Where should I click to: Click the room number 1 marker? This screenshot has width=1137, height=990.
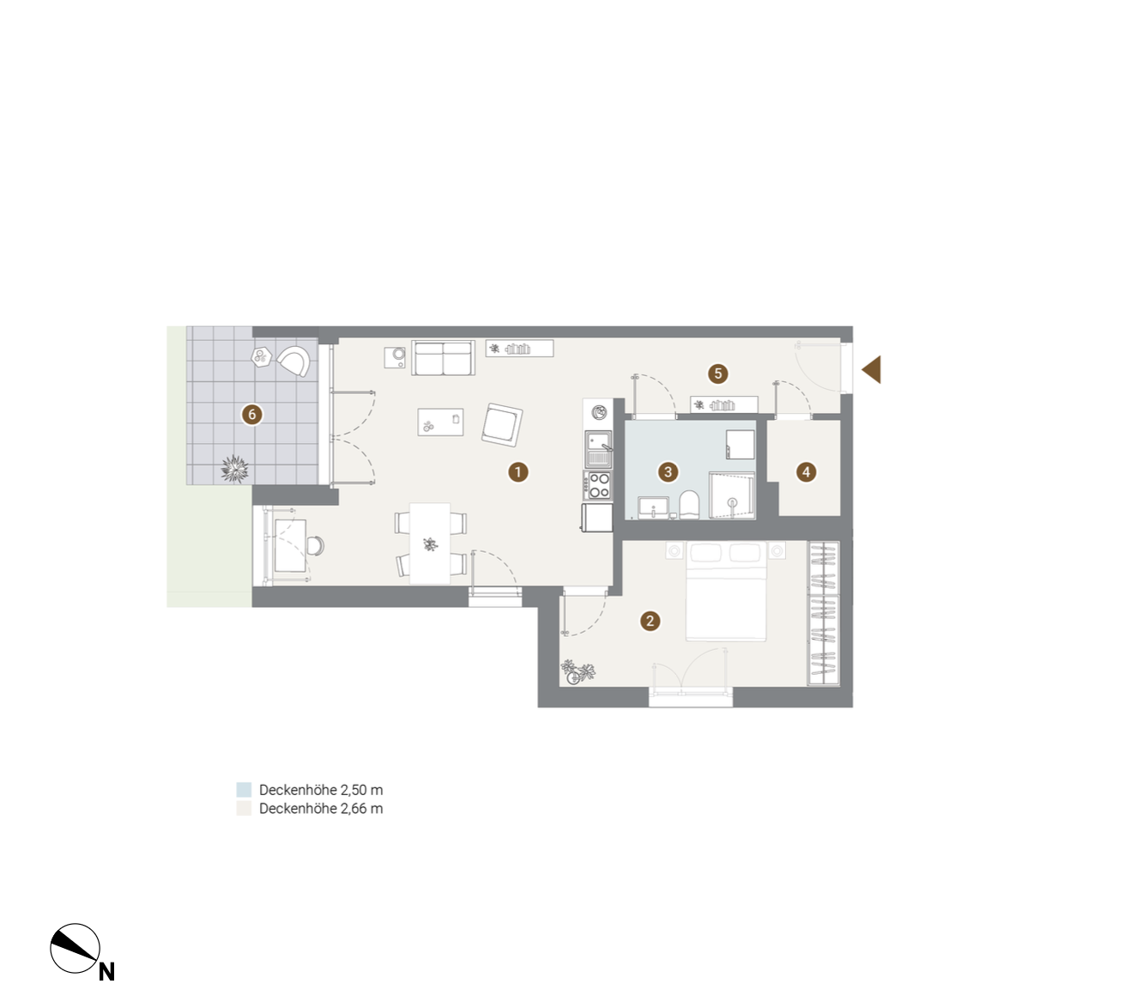click(518, 472)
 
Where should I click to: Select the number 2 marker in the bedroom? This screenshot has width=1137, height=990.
click(650, 621)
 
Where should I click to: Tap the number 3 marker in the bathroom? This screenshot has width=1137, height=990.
click(668, 472)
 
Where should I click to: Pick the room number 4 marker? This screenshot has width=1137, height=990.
click(807, 472)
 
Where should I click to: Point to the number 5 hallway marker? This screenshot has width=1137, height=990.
click(718, 374)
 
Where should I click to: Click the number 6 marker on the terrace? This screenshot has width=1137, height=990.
click(252, 414)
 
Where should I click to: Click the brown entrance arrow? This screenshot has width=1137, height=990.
click(871, 370)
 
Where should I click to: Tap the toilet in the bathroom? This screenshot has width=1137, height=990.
click(689, 505)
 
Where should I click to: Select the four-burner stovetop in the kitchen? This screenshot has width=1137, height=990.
click(598, 485)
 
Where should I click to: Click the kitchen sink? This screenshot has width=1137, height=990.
click(598, 449)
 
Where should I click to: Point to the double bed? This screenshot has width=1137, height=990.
click(726, 592)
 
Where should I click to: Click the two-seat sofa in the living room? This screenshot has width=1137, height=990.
click(443, 358)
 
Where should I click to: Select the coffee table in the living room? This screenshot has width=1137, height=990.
click(441, 422)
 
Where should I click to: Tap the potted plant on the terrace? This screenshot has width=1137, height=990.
click(235, 469)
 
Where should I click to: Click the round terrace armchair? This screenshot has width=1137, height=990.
click(293, 361)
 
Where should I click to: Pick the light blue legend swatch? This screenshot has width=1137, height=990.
click(244, 790)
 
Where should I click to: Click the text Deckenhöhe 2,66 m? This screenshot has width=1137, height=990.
click(321, 809)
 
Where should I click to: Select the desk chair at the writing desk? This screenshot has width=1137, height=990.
click(315, 545)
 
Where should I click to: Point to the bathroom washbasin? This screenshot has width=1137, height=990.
click(654, 507)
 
